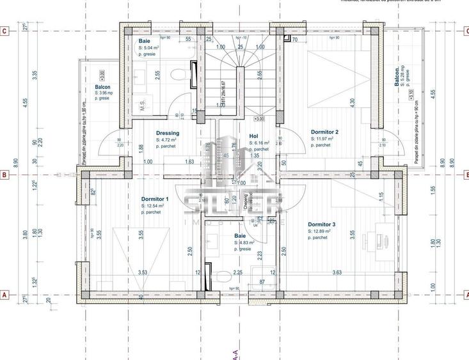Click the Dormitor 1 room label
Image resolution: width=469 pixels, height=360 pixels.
[x=154, y=199]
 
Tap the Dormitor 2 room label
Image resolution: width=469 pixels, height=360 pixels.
[x=324, y=132]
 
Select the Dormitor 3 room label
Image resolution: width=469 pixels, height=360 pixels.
[x=322, y=224]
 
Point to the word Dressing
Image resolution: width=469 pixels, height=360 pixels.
[x=168, y=133]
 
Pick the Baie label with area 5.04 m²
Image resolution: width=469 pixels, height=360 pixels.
[x=145, y=41]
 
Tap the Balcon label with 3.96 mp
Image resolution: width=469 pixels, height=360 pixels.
[x=102, y=87]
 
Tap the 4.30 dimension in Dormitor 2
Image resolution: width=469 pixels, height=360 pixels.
[x=351, y=101]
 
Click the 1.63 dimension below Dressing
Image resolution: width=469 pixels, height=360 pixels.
[x=189, y=162]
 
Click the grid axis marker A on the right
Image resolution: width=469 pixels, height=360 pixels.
[x=465, y=295]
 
